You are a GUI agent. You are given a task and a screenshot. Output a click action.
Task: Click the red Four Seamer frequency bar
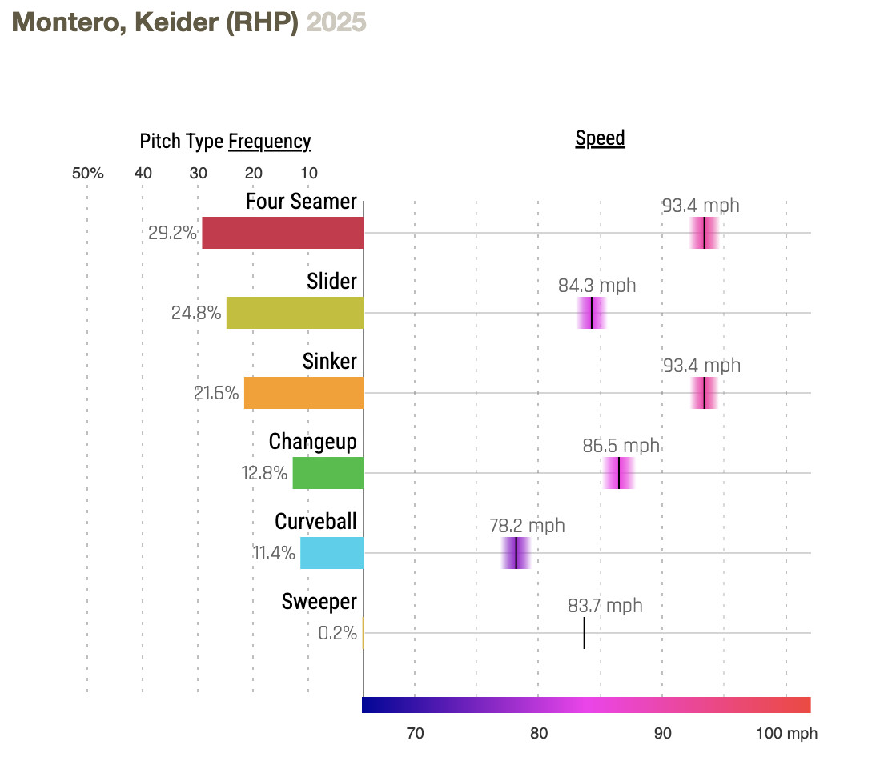click(x=283, y=233)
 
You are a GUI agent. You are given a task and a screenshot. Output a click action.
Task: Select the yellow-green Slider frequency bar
click(x=295, y=313)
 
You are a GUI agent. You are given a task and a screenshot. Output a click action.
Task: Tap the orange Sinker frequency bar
click(x=303, y=393)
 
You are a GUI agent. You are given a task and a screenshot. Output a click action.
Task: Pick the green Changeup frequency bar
click(x=327, y=473)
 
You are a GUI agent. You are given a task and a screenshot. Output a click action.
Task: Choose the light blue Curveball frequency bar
click(x=331, y=553)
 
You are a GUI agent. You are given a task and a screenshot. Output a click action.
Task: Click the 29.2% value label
click(x=172, y=234)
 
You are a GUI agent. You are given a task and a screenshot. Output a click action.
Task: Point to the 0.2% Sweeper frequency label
click(x=337, y=633)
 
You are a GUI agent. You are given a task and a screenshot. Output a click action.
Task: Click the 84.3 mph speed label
click(x=597, y=286)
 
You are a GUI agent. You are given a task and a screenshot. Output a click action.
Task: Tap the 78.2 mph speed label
click(x=527, y=526)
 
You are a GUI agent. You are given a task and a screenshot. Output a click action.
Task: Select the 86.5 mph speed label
click(x=621, y=446)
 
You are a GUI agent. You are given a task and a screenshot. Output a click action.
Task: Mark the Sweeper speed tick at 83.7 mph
click(x=584, y=633)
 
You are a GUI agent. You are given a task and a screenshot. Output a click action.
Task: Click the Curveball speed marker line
click(x=516, y=553)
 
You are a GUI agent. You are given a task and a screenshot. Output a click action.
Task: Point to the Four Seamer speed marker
click(x=704, y=233)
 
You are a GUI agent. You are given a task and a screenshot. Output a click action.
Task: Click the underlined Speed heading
click(x=600, y=138)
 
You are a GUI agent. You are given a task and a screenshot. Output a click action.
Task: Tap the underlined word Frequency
click(x=270, y=142)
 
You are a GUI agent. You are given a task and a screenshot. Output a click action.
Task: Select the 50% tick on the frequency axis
click(x=88, y=173)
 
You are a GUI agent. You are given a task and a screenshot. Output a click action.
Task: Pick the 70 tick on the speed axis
click(x=415, y=734)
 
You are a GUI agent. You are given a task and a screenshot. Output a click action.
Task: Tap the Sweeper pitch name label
click(x=319, y=602)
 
